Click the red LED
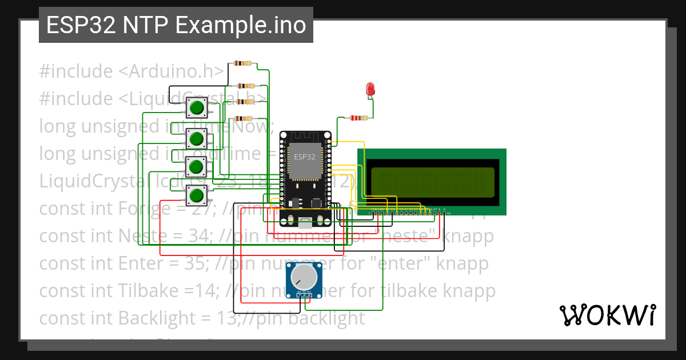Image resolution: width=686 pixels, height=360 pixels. (x=370, y=89)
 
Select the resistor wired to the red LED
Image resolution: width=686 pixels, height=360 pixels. (x=358, y=118)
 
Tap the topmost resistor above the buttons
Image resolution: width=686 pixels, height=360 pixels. (x=240, y=64)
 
